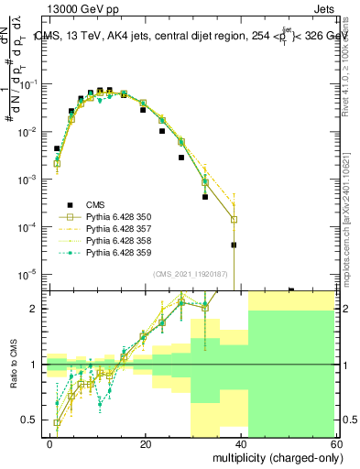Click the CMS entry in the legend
point(95,205)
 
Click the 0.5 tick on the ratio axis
point(35,420)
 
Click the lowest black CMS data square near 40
point(234,245)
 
